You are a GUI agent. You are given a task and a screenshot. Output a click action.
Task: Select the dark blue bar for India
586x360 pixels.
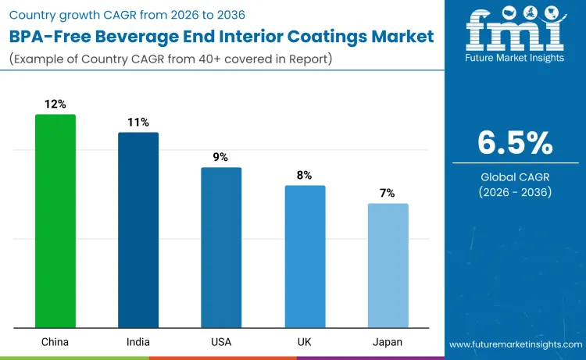138,230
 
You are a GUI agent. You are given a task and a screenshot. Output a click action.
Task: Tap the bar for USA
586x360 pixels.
221,248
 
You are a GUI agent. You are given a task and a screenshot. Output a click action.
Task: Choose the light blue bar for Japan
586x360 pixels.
388,266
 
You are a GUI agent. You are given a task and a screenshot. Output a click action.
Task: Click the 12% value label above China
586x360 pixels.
55,104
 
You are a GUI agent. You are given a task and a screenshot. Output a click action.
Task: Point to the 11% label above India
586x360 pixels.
138,122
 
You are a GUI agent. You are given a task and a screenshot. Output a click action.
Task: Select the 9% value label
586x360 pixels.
221,157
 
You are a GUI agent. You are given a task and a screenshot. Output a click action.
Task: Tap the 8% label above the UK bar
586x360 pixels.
305,175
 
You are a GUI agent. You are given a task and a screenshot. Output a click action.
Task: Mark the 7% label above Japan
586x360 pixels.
388,193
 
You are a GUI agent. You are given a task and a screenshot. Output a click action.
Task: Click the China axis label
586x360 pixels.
55,342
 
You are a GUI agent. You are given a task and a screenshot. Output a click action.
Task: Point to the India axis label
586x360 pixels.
138,342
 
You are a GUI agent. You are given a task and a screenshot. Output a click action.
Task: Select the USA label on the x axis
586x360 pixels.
221,342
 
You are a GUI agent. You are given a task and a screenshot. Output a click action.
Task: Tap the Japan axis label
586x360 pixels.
388,342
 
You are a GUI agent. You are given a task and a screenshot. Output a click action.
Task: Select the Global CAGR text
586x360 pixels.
515,177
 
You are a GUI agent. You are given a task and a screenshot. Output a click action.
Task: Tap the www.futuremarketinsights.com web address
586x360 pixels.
515,344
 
